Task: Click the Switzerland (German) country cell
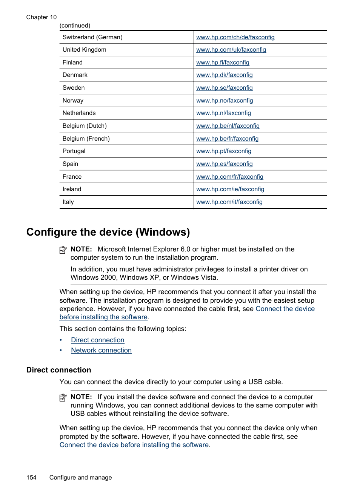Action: (92, 37)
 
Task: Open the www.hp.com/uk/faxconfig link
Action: (231, 50)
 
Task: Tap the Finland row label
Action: (72, 63)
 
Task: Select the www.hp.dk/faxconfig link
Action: (224, 75)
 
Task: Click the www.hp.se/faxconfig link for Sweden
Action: (224, 88)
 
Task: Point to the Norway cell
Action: (73, 101)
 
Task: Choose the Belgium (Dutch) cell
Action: (85, 126)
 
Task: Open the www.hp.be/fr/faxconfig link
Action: (227, 139)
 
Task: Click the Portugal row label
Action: (74, 151)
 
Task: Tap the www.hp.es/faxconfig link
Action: (224, 164)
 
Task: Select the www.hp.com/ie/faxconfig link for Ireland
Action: (230, 189)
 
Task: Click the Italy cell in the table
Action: (68, 202)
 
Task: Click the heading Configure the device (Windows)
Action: (108, 232)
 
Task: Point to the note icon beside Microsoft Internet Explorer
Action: (63, 250)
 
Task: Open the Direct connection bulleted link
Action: (97, 340)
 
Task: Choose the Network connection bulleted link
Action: (101, 350)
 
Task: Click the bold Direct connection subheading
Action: (59, 370)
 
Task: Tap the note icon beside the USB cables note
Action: (63, 398)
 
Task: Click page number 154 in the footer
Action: (31, 477)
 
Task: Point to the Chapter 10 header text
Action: (42, 17)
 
